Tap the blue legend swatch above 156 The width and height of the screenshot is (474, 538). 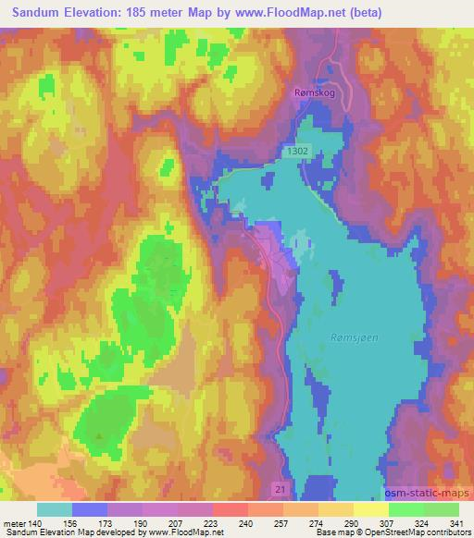tap(90, 509)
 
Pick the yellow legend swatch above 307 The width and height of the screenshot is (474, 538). tap(371, 509)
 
